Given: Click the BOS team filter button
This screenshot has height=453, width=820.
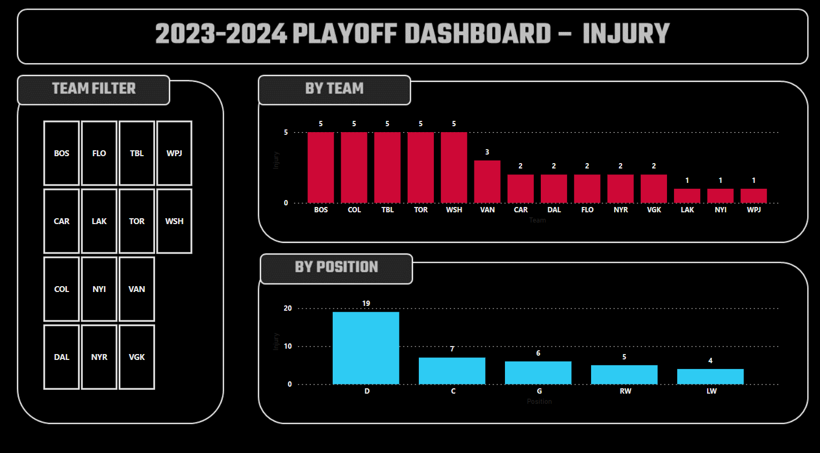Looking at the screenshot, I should click(x=62, y=153).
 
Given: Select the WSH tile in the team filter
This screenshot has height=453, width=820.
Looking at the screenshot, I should click(x=174, y=221).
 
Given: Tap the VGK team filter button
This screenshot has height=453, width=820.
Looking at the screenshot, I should click(x=137, y=357).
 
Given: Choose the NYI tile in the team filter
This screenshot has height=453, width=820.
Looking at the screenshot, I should click(x=99, y=289).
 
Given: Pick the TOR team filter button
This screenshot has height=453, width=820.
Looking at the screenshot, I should click(x=137, y=221).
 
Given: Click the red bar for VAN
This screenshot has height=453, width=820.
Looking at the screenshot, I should click(x=487, y=182).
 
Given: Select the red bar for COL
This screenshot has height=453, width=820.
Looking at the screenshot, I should click(x=354, y=167).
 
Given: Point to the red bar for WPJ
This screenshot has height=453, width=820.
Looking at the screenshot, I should click(x=754, y=196).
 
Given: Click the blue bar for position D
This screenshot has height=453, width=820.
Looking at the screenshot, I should click(x=366, y=348).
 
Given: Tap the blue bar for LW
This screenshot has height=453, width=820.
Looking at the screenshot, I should click(x=710, y=377).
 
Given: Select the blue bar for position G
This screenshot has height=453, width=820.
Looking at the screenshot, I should click(x=538, y=373).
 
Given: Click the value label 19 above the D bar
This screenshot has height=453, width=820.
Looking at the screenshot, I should click(x=366, y=303).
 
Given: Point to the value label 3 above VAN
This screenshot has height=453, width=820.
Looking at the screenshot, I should click(x=487, y=152).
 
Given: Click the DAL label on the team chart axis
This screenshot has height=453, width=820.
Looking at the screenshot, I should click(x=554, y=210).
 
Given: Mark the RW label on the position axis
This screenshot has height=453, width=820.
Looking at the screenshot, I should click(x=625, y=391).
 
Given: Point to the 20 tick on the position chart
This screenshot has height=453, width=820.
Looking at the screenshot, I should click(x=288, y=308).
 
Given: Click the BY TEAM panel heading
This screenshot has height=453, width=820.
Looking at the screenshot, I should click(x=334, y=89).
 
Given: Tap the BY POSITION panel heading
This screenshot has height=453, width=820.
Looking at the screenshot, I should click(x=336, y=267).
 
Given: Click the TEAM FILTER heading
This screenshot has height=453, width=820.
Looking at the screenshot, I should click(x=94, y=89).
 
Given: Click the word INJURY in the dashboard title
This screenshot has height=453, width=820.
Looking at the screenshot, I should click(x=626, y=34).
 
